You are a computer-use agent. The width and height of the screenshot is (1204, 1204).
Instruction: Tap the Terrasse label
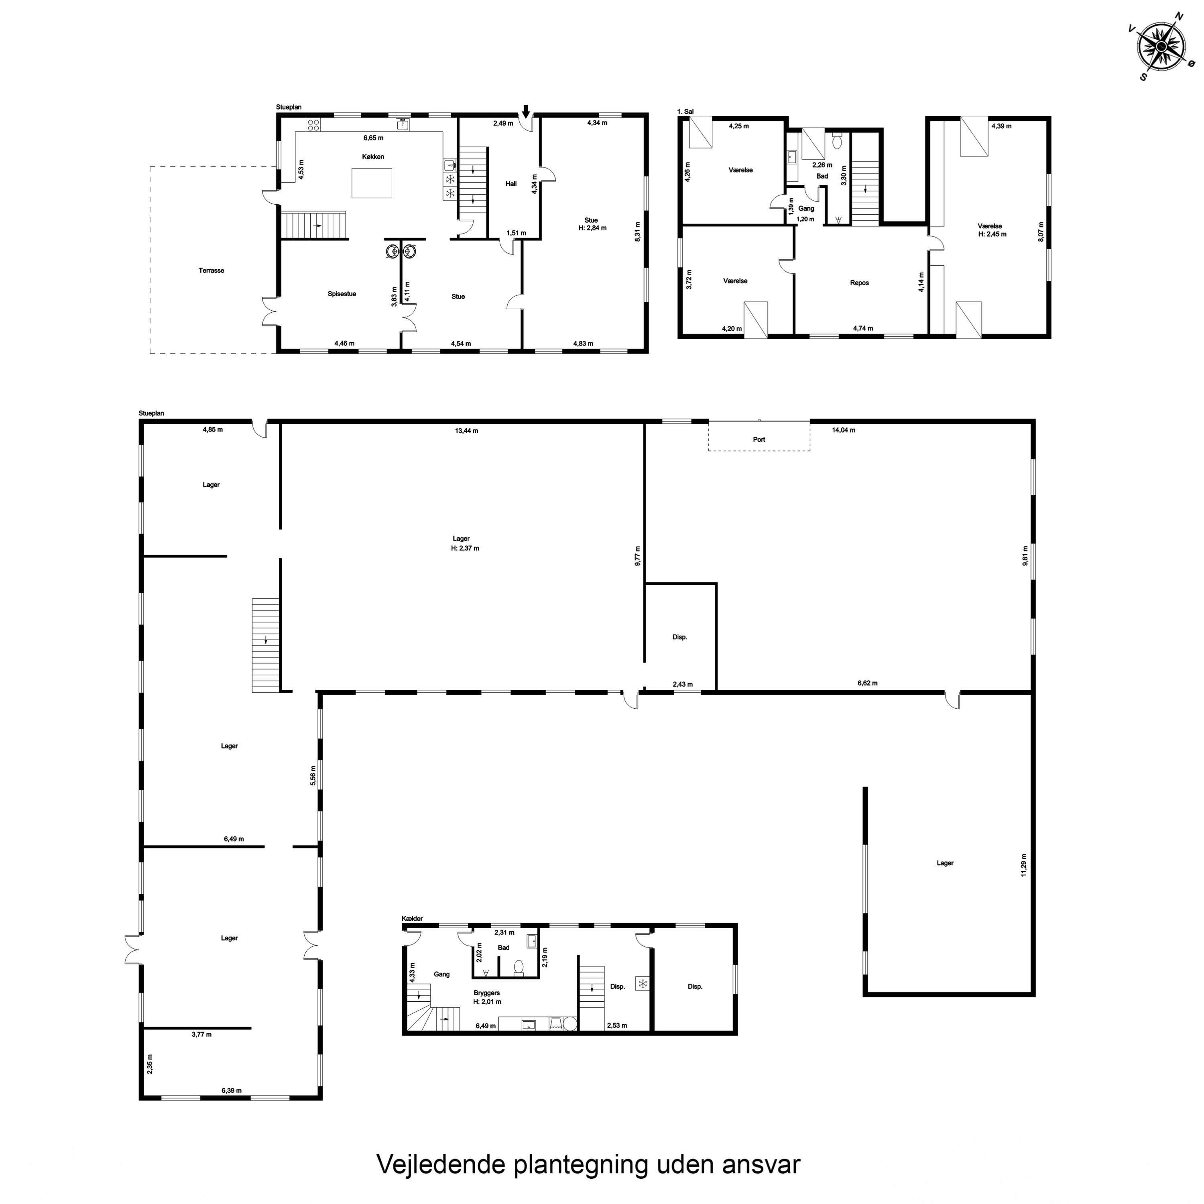pyautogui.click(x=211, y=270)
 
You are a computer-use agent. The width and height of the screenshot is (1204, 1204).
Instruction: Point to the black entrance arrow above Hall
pyautogui.click(x=526, y=111)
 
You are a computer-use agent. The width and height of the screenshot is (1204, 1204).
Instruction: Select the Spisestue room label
pyautogui.click(x=342, y=293)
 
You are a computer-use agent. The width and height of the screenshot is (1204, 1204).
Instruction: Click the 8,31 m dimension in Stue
pyautogui.click(x=637, y=232)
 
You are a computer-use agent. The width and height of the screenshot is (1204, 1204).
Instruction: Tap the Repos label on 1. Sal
pyautogui.click(x=859, y=283)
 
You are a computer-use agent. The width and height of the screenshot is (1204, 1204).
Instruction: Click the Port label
pyautogui.click(x=759, y=439)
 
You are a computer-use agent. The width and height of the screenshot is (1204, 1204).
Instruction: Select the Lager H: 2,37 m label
pyautogui.click(x=464, y=543)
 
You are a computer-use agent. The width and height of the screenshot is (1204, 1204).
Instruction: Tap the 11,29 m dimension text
pyautogui.click(x=1024, y=865)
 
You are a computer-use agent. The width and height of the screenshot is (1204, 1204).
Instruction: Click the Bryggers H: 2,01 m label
pyautogui.click(x=487, y=997)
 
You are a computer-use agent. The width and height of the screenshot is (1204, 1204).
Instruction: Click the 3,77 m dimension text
pyautogui.click(x=201, y=1035)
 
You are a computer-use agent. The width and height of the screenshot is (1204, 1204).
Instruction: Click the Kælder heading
pyautogui.click(x=412, y=919)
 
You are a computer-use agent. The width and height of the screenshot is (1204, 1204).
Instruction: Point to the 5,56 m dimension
pyautogui.click(x=313, y=776)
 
